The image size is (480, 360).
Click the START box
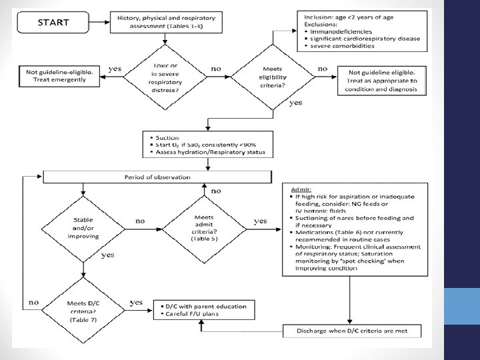click(x=53, y=23)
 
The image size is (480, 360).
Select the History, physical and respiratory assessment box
click(x=166, y=23)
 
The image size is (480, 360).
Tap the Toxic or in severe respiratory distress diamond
click(x=165, y=77)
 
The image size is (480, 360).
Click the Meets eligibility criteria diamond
click(x=273, y=77)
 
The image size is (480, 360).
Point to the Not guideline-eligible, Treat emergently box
click(x=59, y=76)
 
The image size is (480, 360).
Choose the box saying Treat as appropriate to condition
click(x=382, y=81)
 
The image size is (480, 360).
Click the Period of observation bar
click(x=157, y=177)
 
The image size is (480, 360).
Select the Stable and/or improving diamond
click(x=83, y=229)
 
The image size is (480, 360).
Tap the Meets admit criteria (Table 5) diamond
click(x=204, y=229)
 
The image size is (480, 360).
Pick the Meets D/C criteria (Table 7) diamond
click(x=83, y=311)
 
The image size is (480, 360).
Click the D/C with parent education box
click(x=204, y=310)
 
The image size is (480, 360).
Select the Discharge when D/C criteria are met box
click(x=352, y=331)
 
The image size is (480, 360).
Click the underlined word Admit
click(x=301, y=189)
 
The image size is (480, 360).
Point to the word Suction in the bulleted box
click(x=167, y=138)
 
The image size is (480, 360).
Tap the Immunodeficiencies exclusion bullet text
click(x=341, y=31)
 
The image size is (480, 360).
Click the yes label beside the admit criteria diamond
click(x=260, y=221)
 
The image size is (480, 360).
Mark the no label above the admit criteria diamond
click(x=216, y=191)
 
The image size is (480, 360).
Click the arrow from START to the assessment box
click(x=99, y=22)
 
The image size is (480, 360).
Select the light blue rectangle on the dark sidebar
click(x=462, y=306)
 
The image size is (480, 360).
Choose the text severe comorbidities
click(x=342, y=46)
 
